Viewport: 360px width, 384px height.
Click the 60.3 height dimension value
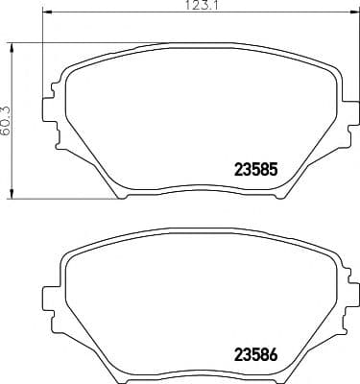[6, 121]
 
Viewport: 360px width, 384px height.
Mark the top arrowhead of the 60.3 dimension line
[12, 45]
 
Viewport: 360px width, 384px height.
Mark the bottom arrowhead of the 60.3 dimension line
[12, 195]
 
